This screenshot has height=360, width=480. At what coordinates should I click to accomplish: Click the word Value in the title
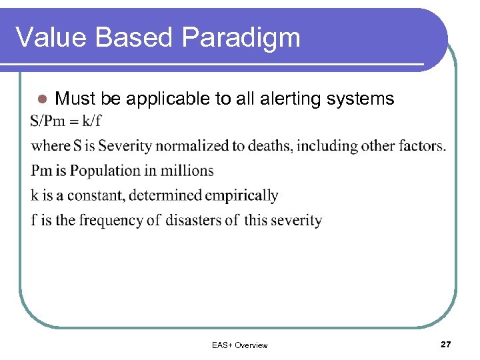tap(51, 37)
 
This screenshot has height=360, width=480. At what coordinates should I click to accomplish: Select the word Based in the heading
tap(133, 37)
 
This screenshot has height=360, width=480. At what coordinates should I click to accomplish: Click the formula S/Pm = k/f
tap(66, 121)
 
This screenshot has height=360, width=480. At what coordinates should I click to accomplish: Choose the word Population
tap(103, 171)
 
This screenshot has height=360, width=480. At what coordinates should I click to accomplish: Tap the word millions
tap(185, 171)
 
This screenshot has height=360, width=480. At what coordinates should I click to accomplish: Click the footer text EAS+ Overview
tap(239, 345)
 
